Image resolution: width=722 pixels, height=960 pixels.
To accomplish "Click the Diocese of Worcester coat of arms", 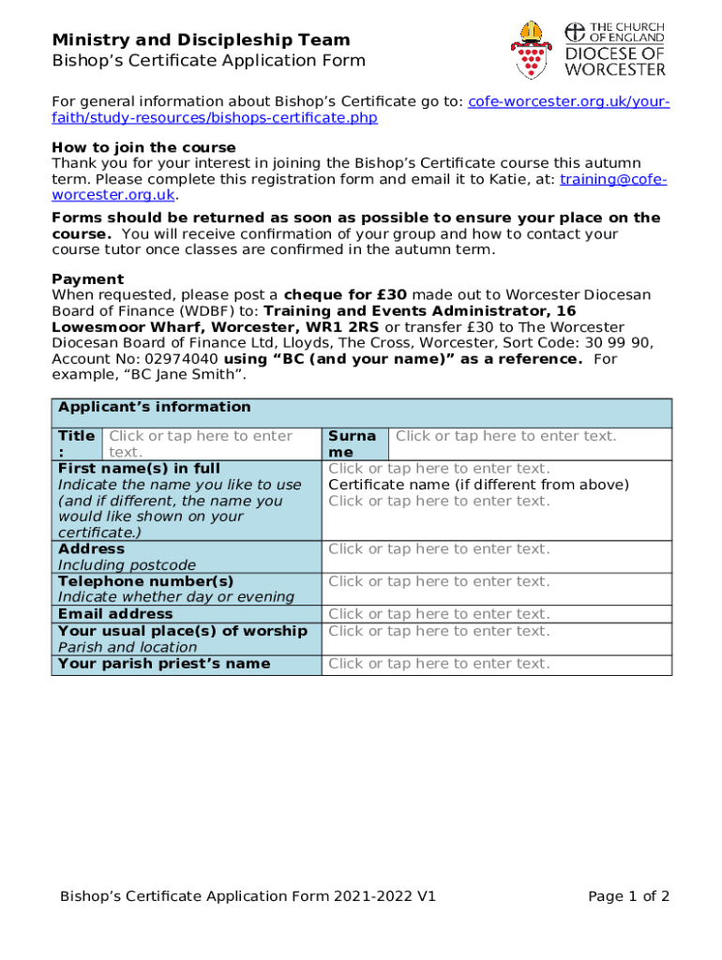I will pyautogui.click(x=533, y=49).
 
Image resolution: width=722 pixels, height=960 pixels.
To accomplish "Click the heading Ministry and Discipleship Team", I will pyautogui.click(x=201, y=40).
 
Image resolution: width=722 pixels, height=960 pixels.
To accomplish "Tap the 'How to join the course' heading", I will pyautogui.click(x=143, y=148).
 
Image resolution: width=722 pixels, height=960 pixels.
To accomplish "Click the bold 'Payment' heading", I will pyautogui.click(x=87, y=279).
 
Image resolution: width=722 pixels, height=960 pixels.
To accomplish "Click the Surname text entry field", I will pyautogui.click(x=506, y=436).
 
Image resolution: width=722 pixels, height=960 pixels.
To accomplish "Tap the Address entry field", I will pyautogui.click(x=439, y=549).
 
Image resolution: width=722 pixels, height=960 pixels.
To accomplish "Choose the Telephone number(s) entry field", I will pyautogui.click(x=439, y=581).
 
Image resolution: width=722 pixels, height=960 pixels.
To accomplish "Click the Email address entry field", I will pyautogui.click(x=439, y=614).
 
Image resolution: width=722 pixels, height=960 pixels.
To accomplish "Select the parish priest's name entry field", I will pyautogui.click(x=439, y=664).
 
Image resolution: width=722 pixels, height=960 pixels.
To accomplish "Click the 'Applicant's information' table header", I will pyautogui.click(x=155, y=407).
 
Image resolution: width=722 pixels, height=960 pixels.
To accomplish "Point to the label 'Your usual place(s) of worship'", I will pyautogui.click(x=183, y=631).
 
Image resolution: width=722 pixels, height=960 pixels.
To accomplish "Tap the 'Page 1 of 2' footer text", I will pyautogui.click(x=628, y=896).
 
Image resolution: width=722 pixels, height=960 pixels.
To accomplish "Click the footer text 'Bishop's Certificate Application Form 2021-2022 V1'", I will pyautogui.click(x=248, y=896).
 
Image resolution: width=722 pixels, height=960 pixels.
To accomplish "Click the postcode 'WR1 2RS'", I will pyautogui.click(x=349, y=327).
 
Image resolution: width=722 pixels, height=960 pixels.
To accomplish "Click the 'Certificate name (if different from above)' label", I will pyautogui.click(x=478, y=485).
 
